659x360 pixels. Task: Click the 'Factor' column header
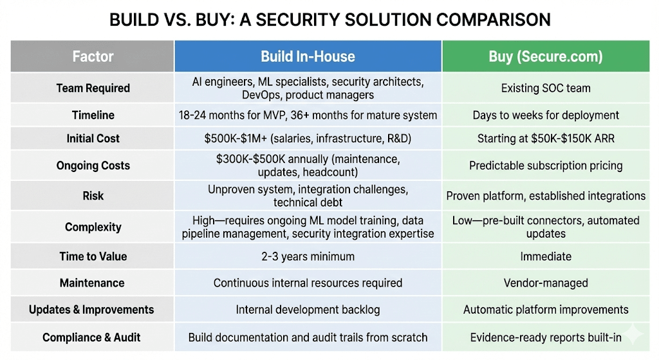pos(93,56)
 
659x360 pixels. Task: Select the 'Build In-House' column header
pos(308,56)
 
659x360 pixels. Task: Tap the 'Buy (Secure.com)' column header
pos(546,56)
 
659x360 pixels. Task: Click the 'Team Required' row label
pos(93,88)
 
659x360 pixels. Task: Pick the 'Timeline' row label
pos(93,115)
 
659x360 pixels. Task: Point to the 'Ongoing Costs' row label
pos(93,166)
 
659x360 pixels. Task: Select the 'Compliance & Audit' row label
pos(91,337)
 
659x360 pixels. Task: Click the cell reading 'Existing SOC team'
pos(546,88)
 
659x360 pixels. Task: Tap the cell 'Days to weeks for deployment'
pos(546,115)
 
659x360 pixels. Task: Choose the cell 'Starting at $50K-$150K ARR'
pos(546,138)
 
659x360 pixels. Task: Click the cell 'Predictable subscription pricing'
pos(546,166)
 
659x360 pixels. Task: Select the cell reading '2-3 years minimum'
pos(308,256)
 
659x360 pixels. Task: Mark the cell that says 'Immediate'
pos(546,256)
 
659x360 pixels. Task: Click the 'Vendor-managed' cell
pos(546,283)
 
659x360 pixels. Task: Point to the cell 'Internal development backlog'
pos(308,310)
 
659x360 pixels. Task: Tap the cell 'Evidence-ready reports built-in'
pos(546,337)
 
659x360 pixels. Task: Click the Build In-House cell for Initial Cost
pos(308,138)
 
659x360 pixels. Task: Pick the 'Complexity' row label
pos(93,227)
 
